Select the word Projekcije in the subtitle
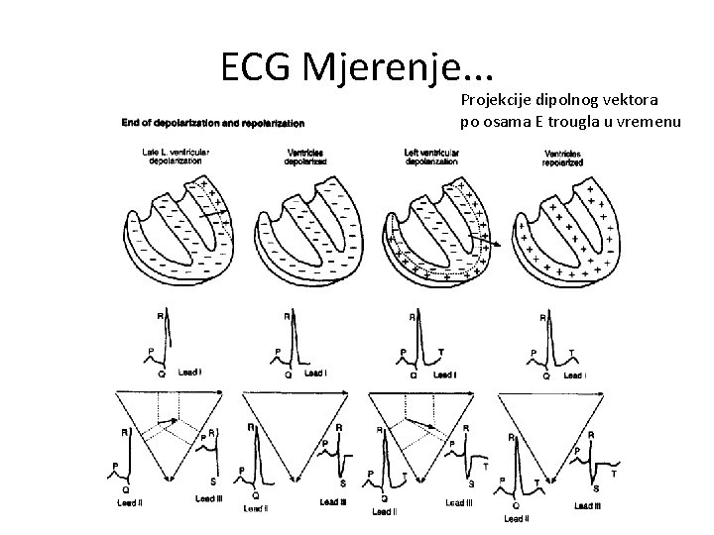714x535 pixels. point(493,101)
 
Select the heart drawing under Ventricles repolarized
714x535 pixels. point(565,228)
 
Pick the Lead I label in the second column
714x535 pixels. point(315,374)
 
